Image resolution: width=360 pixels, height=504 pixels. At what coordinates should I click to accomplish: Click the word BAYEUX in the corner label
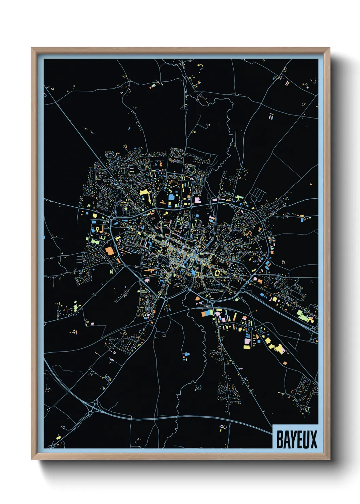click(x=296, y=439)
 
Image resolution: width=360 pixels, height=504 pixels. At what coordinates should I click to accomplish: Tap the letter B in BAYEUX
click(x=279, y=439)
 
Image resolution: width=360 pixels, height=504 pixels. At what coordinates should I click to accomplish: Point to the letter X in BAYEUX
click(x=313, y=439)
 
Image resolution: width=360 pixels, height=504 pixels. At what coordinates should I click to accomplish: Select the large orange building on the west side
click(x=109, y=251)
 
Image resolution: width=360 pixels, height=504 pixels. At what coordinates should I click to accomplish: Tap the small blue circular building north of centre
click(x=197, y=216)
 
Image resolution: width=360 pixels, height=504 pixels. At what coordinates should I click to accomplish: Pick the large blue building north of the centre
click(x=171, y=196)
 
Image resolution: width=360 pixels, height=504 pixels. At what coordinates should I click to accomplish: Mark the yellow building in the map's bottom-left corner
click(x=58, y=437)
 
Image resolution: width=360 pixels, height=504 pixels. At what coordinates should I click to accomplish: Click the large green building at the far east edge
click(x=301, y=314)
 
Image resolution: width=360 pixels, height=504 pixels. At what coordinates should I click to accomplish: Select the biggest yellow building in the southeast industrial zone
click(x=279, y=349)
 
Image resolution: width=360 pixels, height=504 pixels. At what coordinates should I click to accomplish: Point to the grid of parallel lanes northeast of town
click(x=259, y=194)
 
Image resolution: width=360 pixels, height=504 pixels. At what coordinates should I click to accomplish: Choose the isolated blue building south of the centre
click(x=186, y=356)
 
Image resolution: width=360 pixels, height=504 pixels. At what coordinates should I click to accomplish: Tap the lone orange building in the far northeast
click(x=311, y=184)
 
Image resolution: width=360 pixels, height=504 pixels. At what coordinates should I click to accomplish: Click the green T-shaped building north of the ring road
click(x=239, y=198)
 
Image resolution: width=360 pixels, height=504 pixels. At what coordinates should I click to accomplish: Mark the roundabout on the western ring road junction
click(x=111, y=217)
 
